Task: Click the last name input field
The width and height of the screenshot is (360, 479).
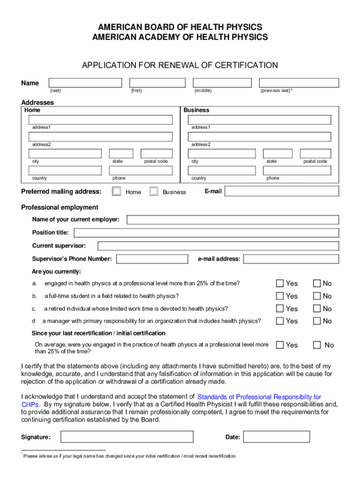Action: coord(85,83)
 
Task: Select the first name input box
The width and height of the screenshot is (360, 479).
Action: coord(157,83)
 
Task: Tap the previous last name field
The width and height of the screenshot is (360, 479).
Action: coord(299,83)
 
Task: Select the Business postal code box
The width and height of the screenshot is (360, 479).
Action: coord(315,153)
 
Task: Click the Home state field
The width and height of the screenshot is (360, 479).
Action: coord(121,153)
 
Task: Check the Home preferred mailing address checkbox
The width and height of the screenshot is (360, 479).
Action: coord(116,191)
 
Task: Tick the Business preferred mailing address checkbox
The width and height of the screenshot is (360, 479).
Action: coord(153,191)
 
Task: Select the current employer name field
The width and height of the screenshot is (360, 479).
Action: coord(233,220)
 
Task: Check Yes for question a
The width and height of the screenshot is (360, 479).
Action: coord(280,283)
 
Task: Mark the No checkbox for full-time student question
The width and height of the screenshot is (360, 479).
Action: coord(317,296)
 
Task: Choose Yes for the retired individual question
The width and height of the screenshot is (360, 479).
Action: coord(280,308)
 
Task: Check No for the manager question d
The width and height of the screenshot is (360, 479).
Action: coord(317,321)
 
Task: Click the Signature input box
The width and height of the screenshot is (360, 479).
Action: coord(127,437)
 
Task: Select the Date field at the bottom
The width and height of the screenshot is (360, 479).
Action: coord(277,437)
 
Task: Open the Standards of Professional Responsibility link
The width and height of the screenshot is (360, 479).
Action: coord(259,397)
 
